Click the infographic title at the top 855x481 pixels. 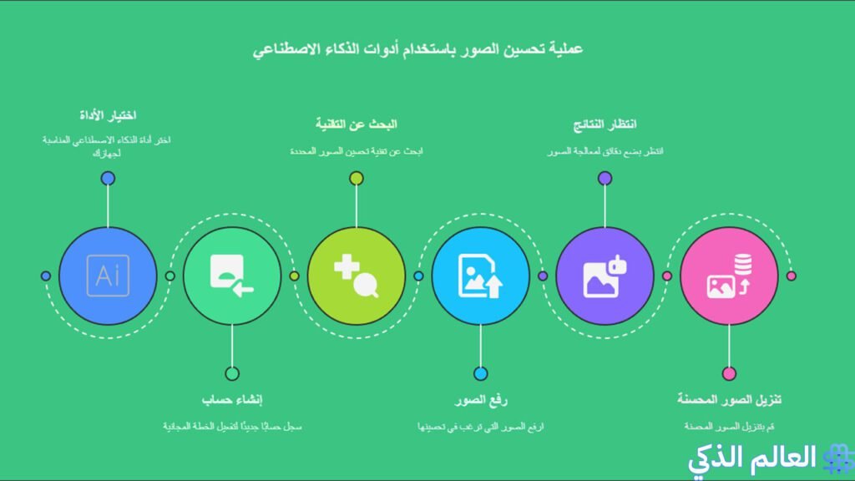[417, 49]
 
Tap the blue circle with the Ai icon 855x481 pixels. [108, 276]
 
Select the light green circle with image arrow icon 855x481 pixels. [232, 276]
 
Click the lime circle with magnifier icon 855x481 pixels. [357, 276]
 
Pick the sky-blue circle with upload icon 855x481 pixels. [481, 276]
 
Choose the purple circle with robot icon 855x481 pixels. [605, 276]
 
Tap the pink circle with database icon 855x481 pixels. [730, 276]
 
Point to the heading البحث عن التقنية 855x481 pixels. [357, 124]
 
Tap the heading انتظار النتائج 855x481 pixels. [605, 124]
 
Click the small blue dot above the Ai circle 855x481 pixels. [108, 178]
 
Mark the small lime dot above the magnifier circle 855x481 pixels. [357, 178]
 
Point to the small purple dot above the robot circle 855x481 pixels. [605, 178]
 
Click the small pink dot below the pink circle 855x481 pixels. [730, 373]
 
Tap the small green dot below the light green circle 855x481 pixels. [232, 373]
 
